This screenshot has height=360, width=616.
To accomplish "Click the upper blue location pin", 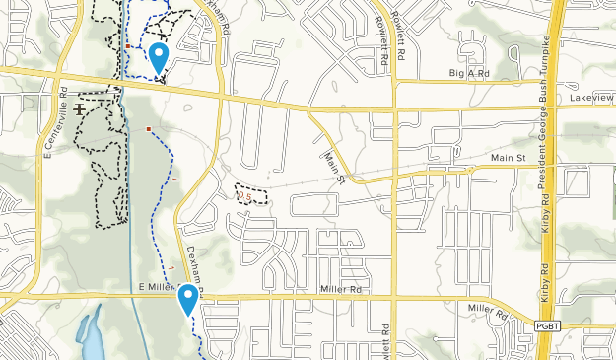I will [x=158, y=57].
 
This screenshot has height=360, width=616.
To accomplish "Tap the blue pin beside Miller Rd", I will [x=187, y=297].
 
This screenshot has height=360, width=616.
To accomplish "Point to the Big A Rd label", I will [x=469, y=73].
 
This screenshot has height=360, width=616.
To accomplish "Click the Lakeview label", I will [x=591, y=99].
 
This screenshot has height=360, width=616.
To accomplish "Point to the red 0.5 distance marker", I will [x=245, y=196].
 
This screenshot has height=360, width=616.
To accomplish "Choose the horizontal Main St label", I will [x=508, y=158].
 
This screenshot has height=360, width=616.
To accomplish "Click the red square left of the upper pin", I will [x=128, y=45].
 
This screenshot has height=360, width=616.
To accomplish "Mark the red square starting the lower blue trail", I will [x=148, y=128].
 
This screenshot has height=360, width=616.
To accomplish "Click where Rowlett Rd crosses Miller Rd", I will [x=392, y=295].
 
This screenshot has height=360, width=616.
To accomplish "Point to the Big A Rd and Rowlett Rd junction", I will [x=392, y=82].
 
